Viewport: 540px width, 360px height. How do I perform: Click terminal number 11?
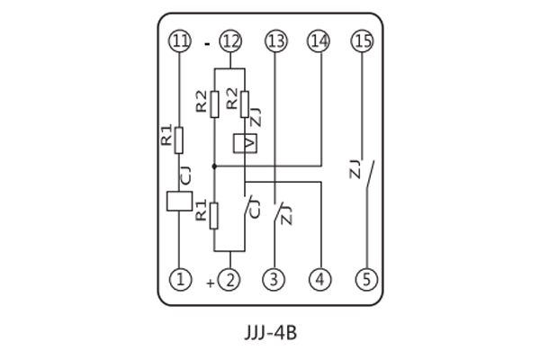point(181,40)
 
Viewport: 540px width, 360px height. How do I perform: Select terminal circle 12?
point(232,40)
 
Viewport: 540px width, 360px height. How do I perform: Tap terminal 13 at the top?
point(274,40)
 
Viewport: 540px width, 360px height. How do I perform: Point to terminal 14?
point(318,40)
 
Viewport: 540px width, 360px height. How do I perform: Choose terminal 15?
point(363,40)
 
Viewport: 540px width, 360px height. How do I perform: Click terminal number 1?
point(181,280)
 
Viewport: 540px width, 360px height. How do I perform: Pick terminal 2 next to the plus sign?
point(232,280)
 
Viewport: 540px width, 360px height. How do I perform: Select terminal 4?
point(318,280)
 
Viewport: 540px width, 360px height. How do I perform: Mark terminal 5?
point(363,280)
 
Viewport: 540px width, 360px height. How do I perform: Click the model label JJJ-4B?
point(270,333)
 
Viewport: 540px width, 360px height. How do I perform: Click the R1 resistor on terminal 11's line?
point(181,139)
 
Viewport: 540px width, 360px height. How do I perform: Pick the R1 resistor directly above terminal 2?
point(214,214)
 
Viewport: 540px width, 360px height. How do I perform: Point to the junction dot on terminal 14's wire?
point(214,166)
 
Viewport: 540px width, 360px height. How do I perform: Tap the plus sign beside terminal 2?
point(211,282)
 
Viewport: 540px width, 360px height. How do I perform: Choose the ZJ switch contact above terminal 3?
point(278,212)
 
